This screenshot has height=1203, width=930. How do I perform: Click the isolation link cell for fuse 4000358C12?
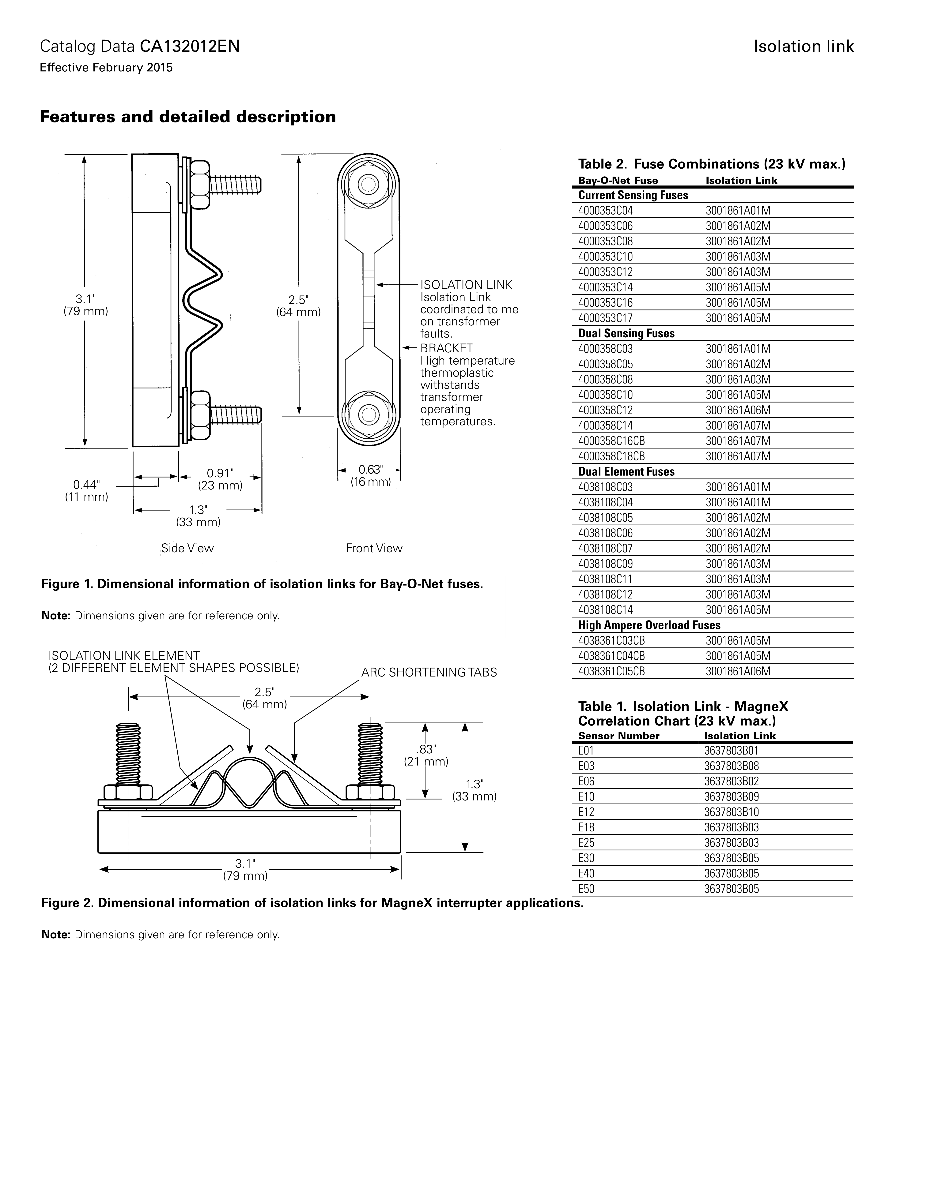(738, 410)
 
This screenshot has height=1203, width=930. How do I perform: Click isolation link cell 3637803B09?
(731, 796)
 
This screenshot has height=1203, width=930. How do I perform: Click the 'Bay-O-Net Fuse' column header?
(618, 181)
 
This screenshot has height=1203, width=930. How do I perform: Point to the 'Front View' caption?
(374, 548)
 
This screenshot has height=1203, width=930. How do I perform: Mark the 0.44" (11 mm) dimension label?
(86, 490)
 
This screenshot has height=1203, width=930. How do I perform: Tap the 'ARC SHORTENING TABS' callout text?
(429, 673)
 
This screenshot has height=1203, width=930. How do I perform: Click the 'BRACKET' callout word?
(446, 348)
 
